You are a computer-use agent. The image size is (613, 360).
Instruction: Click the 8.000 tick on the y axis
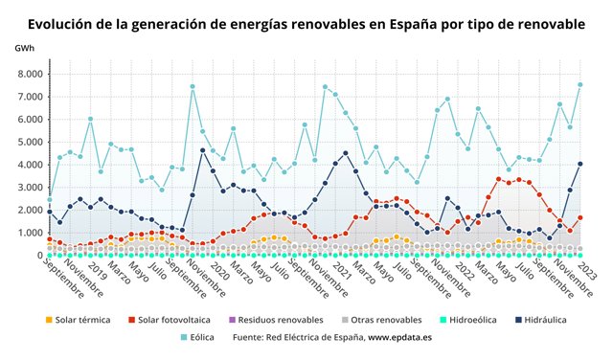click(x=30, y=74)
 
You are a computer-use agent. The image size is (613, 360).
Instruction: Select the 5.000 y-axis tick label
click(x=30, y=142)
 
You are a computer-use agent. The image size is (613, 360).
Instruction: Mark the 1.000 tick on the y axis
click(x=30, y=233)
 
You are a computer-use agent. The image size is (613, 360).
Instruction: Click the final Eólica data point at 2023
click(x=580, y=84)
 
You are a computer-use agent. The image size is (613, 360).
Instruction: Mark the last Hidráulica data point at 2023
click(x=580, y=164)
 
